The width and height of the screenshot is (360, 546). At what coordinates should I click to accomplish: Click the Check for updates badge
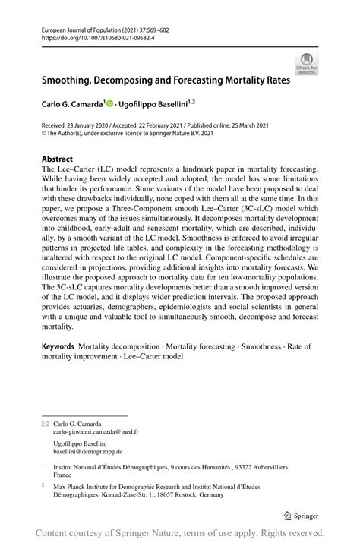point(306,63)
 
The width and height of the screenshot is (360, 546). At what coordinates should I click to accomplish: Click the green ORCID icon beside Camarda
point(109,101)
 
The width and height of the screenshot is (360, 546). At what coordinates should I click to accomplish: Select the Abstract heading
point(55,160)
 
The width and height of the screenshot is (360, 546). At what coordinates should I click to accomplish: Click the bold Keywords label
point(58,346)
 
